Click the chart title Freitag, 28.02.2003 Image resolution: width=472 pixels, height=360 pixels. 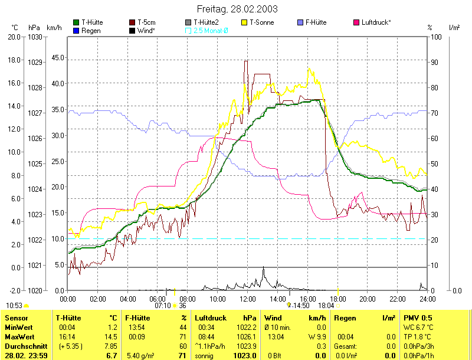[237, 9]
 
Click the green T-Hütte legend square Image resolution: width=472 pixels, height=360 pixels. [76, 22]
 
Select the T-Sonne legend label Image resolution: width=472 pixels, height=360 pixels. [262, 22]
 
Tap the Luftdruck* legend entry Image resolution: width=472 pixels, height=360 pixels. [376, 22]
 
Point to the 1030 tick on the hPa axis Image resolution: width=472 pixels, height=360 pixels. [35, 37]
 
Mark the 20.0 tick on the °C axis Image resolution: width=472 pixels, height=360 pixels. [14, 37]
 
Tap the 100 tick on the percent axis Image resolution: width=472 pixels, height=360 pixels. [437, 37]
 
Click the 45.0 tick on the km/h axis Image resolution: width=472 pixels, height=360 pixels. [58, 57]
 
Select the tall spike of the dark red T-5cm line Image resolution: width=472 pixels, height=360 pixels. [245, 61]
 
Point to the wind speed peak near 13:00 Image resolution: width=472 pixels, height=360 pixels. [263, 269]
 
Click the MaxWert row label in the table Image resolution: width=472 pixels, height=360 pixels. [18, 336]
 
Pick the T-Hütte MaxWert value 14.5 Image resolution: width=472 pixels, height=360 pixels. [112, 336]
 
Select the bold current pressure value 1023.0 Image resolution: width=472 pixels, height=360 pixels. [245, 356]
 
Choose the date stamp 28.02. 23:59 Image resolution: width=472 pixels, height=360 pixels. [27, 356]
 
